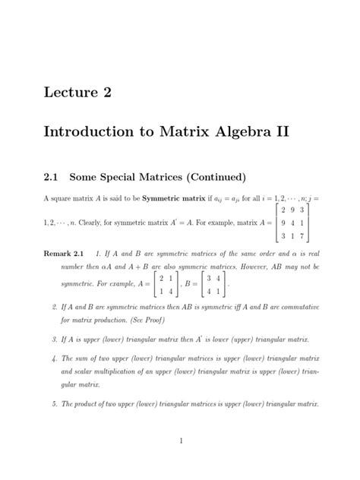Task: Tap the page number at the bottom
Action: coord(181,441)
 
